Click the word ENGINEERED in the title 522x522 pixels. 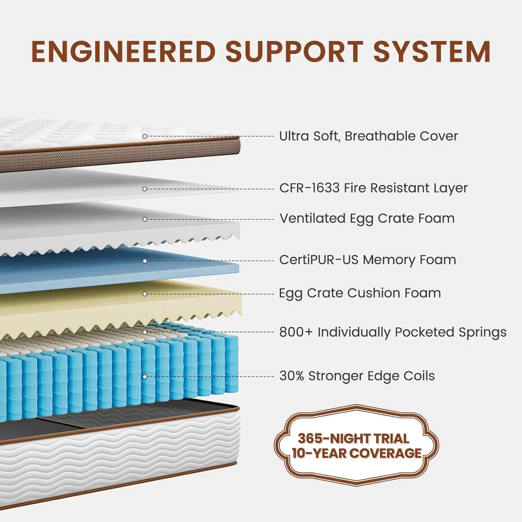124,52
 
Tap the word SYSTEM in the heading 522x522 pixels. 432,52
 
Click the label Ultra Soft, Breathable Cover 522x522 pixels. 368,136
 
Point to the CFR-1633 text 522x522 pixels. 309,188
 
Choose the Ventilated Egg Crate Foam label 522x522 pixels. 367,219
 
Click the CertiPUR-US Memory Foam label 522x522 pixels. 367,260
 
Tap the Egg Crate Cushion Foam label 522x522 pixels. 360,293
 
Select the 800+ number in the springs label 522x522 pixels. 295,332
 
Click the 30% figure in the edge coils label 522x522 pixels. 292,376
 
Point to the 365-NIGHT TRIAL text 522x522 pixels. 353,439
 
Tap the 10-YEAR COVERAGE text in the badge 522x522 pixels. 356,453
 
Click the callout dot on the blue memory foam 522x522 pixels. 145,261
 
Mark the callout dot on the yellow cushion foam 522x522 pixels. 145,294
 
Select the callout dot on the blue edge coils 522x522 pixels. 145,377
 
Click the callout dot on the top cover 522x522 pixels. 145,136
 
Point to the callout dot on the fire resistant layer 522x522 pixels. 145,189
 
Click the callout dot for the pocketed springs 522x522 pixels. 145,332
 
